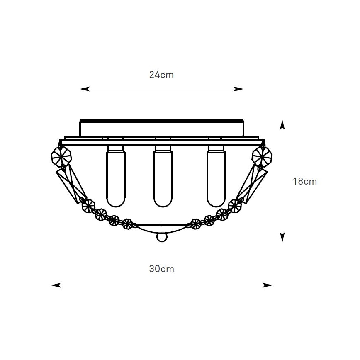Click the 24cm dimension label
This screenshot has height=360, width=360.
pyautogui.click(x=161, y=75)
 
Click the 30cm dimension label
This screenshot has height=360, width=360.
pyautogui.click(x=161, y=269)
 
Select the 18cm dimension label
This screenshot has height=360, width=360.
pyautogui.click(x=305, y=181)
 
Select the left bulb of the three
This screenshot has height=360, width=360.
pyautogui.click(x=116, y=179)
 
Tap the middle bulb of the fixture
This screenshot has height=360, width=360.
pyautogui.click(x=163, y=179)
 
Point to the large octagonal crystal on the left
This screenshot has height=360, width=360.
pyautogui.click(x=61, y=156)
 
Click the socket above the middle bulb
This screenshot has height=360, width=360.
pyautogui.click(x=163, y=148)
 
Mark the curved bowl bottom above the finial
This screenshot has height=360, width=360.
pyautogui.click(x=162, y=227)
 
